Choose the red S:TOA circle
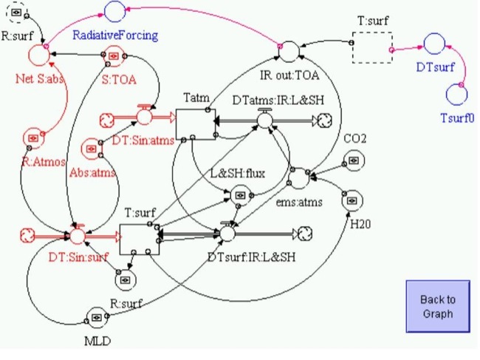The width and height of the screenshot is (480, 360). click(x=114, y=55)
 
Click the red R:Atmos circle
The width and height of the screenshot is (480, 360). click(x=32, y=137)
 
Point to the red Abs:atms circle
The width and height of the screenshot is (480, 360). click(x=92, y=149)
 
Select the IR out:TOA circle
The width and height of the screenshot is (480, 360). click(x=289, y=50)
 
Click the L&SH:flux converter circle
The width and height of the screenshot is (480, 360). click(x=241, y=195)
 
